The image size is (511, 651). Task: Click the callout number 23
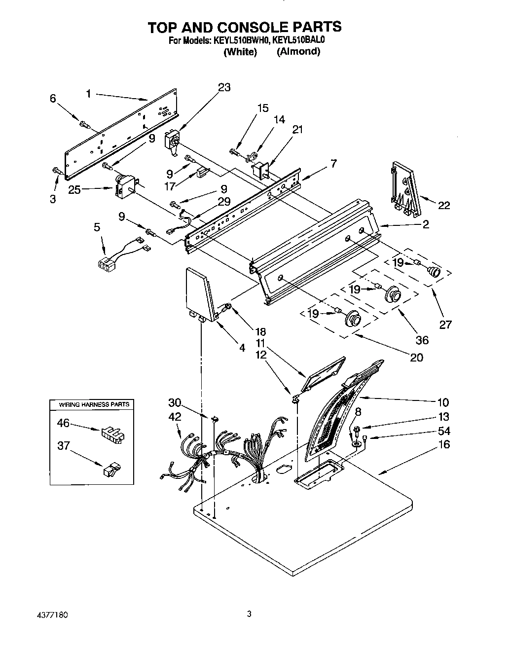coord(224,87)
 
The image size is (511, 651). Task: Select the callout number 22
coord(444,205)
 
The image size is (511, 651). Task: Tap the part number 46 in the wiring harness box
coord(63,423)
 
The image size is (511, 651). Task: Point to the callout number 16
coord(444,444)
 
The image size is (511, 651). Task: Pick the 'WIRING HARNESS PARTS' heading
coord(94,404)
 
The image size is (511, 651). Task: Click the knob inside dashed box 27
coord(434,271)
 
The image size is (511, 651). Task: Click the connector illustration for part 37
coord(110,469)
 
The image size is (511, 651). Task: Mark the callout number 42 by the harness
coord(175,417)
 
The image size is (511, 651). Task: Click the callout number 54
coord(444,431)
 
